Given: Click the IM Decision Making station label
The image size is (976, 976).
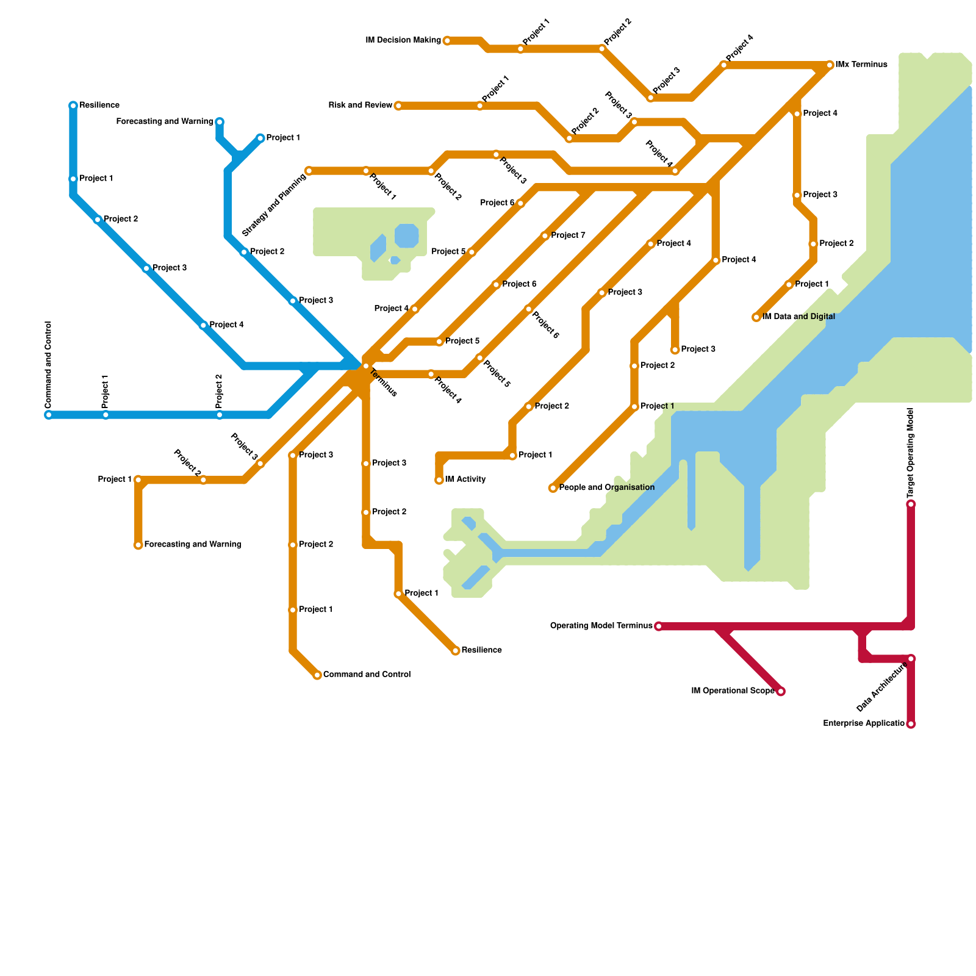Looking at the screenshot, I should click(403, 41).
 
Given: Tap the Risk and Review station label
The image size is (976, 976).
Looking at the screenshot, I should click(360, 106).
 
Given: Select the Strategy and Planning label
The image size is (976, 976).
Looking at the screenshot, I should click(274, 206).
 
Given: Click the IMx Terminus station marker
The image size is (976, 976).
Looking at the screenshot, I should click(830, 65).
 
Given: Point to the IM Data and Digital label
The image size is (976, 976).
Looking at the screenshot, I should click(798, 317).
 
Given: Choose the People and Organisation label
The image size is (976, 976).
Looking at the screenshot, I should click(606, 488).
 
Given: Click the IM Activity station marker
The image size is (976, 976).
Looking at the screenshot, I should click(439, 481).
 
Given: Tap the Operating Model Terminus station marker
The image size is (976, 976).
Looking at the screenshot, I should click(658, 626).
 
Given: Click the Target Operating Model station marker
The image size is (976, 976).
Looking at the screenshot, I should click(911, 504).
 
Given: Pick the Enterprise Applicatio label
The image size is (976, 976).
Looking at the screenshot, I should click(863, 724).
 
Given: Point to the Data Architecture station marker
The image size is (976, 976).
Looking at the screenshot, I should click(911, 659).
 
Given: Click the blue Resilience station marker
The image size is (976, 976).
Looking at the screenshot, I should click(73, 106).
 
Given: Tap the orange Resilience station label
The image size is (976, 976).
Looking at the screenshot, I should click(481, 651).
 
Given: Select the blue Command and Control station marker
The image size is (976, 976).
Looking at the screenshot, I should click(49, 415).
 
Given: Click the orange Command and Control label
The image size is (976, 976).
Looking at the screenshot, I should click(367, 675).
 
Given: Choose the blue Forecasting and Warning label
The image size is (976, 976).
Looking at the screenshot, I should click(165, 122).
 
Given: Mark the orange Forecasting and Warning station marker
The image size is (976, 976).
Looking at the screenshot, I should click(138, 545).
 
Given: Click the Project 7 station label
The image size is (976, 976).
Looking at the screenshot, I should click(568, 235).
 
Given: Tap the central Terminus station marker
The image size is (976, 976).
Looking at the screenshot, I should click(366, 366).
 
